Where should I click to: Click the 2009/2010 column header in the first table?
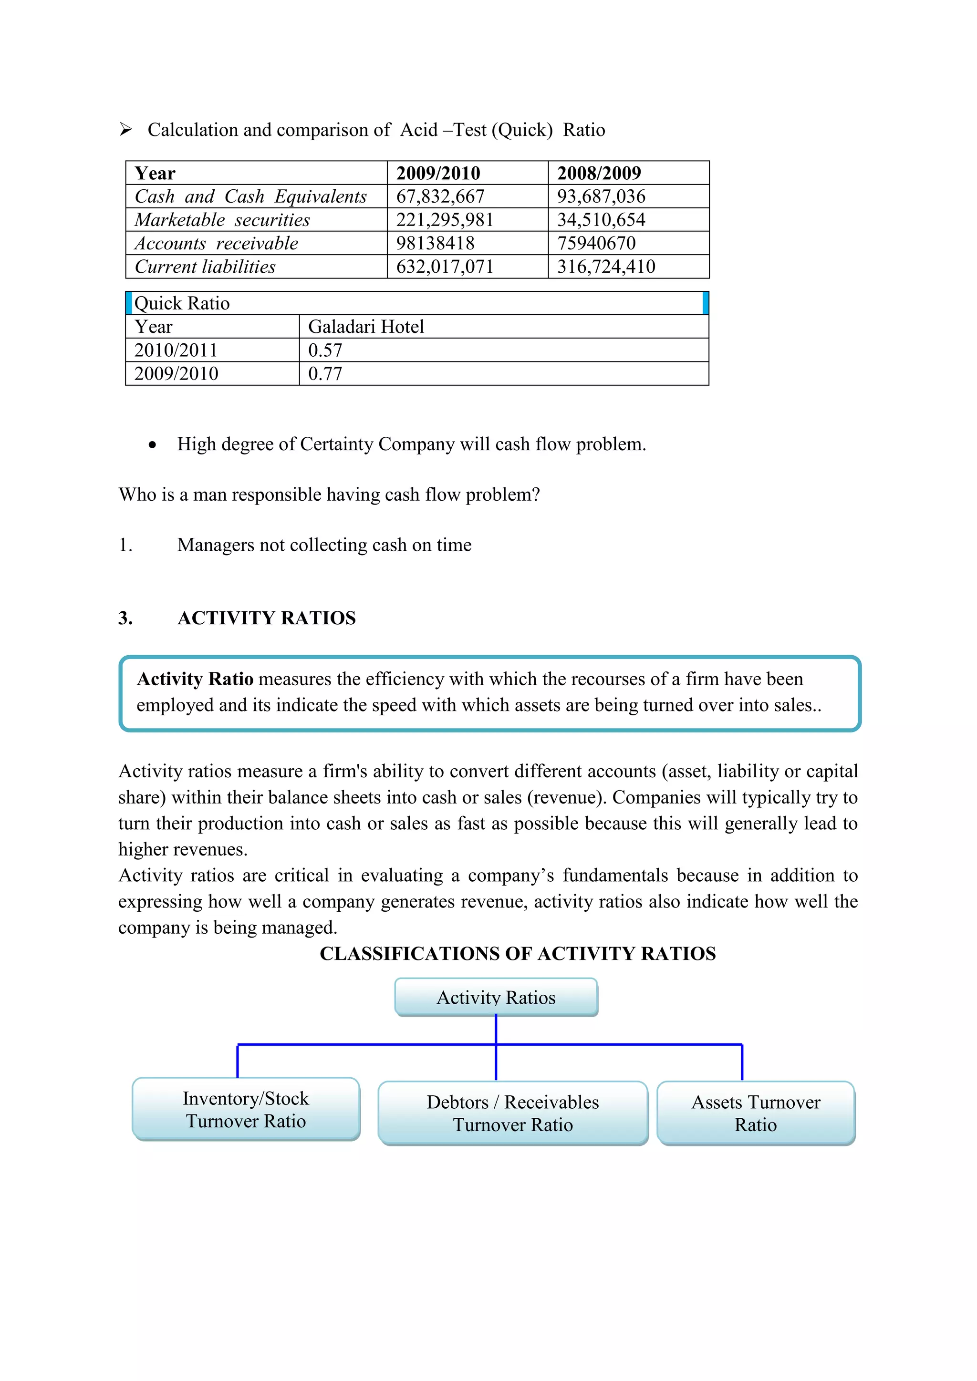tap(438, 173)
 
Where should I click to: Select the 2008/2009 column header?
tap(599, 173)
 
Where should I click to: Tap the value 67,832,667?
tap(440, 196)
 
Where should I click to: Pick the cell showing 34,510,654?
tap(601, 220)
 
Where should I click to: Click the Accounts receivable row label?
tap(217, 244)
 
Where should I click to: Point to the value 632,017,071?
tap(445, 267)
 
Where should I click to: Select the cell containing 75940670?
tap(596, 244)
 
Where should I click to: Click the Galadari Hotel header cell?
tap(366, 327)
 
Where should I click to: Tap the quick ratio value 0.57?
tap(325, 350)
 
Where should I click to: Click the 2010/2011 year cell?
tap(176, 350)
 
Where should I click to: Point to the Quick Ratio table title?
tap(182, 304)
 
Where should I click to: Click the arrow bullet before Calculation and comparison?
tap(126, 129)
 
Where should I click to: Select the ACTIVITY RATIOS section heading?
tap(267, 618)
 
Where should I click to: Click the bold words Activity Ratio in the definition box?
tap(195, 679)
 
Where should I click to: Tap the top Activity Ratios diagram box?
tap(496, 997)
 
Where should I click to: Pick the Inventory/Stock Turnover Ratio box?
tap(246, 1110)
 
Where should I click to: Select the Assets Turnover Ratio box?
tap(756, 1113)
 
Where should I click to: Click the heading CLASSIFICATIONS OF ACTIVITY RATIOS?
tap(518, 954)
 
